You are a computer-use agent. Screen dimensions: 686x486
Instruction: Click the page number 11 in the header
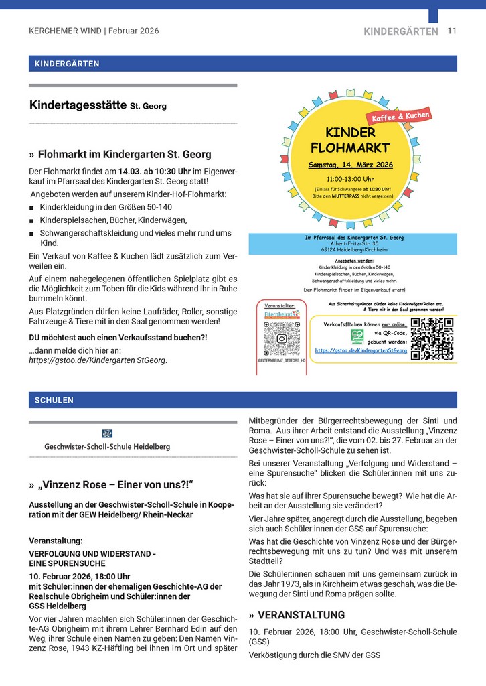(x=452, y=31)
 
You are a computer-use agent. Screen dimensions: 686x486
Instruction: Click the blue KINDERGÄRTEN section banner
(x=242, y=64)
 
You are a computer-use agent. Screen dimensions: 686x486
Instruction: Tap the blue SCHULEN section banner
(x=242, y=400)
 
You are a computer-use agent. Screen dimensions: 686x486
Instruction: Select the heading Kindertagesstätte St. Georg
(x=98, y=105)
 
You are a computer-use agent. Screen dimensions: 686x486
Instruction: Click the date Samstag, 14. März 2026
(x=350, y=165)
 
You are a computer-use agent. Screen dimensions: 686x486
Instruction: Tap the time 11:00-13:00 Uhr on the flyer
(x=350, y=180)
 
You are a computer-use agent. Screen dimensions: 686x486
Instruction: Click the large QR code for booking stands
(x=432, y=339)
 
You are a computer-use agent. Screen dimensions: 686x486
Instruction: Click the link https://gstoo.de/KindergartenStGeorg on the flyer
(x=361, y=350)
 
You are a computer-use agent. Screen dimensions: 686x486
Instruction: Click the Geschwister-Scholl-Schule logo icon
(x=107, y=433)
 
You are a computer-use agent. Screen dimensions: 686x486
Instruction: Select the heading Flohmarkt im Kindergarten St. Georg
(x=124, y=154)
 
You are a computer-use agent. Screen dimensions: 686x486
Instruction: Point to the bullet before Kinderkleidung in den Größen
(x=31, y=208)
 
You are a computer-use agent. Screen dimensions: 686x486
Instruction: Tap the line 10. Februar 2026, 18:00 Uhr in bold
(x=79, y=576)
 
